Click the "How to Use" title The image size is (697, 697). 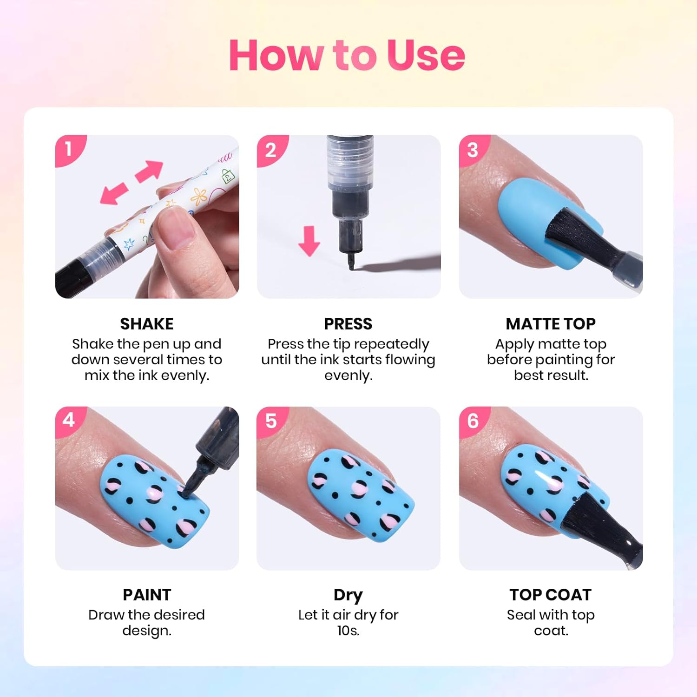coord(347,55)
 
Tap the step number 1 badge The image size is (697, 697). coord(69,150)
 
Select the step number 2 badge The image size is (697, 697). coord(271,150)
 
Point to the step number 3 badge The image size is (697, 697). coord(473,150)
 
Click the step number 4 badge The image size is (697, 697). coord(69,421)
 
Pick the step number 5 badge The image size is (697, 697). coord(271,421)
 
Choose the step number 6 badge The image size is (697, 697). coord(473,421)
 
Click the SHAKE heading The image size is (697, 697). coord(147,324)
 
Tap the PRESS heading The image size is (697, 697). coord(348,324)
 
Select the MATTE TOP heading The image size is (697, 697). coord(551,324)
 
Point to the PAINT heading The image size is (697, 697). coord(147,595)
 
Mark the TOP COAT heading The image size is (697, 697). coord(551,595)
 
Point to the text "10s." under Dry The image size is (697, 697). coord(348,631)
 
